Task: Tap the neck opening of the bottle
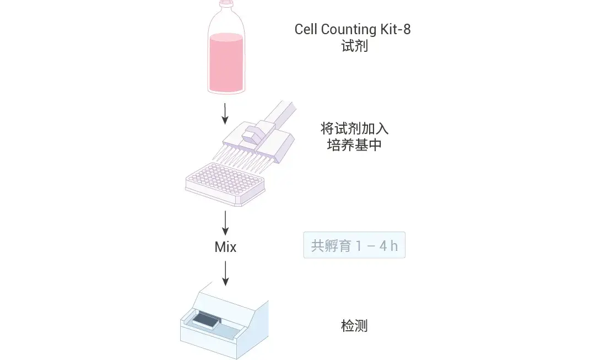coord(226,4)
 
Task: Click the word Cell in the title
coord(305,29)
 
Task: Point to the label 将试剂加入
coord(354,129)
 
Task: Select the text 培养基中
coord(354,146)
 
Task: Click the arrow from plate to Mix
coord(225,223)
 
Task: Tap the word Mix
coord(225,248)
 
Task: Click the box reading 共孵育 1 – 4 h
coord(354,245)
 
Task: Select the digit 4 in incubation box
coord(383,246)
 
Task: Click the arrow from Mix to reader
coord(225,273)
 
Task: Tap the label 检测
coord(354,326)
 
